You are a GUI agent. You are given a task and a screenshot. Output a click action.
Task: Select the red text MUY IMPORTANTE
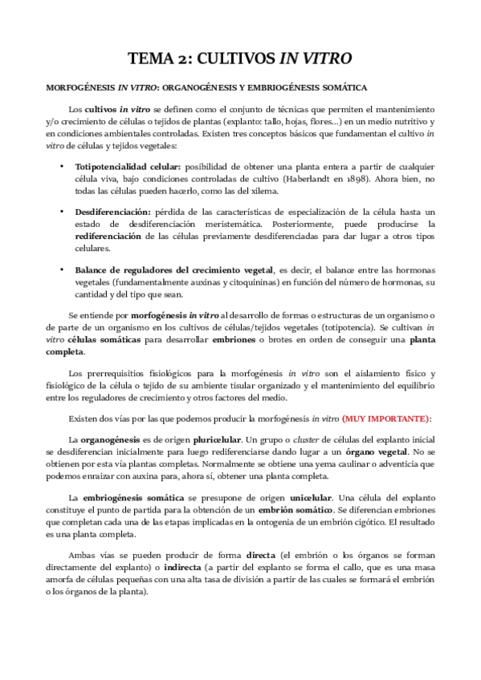point(386,419)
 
